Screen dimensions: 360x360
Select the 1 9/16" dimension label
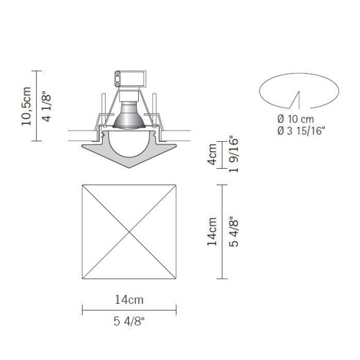[x=232, y=155]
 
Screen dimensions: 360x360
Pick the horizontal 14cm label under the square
[x=129, y=299]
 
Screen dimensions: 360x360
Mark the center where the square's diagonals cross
[x=129, y=232]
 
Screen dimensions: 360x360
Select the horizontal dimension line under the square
[x=129, y=310]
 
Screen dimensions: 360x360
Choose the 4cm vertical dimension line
[x=222, y=155]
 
